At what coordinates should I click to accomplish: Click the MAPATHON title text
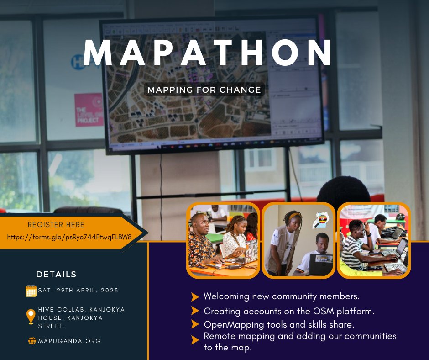(208, 54)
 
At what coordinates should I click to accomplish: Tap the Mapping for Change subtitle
(203, 90)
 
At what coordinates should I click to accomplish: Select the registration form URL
(69, 237)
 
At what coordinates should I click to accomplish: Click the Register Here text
(56, 225)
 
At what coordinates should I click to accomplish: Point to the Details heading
(56, 275)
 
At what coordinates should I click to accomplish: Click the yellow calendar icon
(31, 291)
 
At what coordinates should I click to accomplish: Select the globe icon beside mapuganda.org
(32, 341)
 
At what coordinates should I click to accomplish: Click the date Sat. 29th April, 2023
(78, 291)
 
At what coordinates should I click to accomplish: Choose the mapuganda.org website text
(69, 341)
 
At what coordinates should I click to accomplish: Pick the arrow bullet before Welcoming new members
(195, 297)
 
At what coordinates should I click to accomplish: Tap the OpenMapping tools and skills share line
(279, 325)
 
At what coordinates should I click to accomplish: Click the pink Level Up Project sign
(89, 110)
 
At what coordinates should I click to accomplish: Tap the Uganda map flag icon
(320, 220)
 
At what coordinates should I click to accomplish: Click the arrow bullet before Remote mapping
(195, 339)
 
